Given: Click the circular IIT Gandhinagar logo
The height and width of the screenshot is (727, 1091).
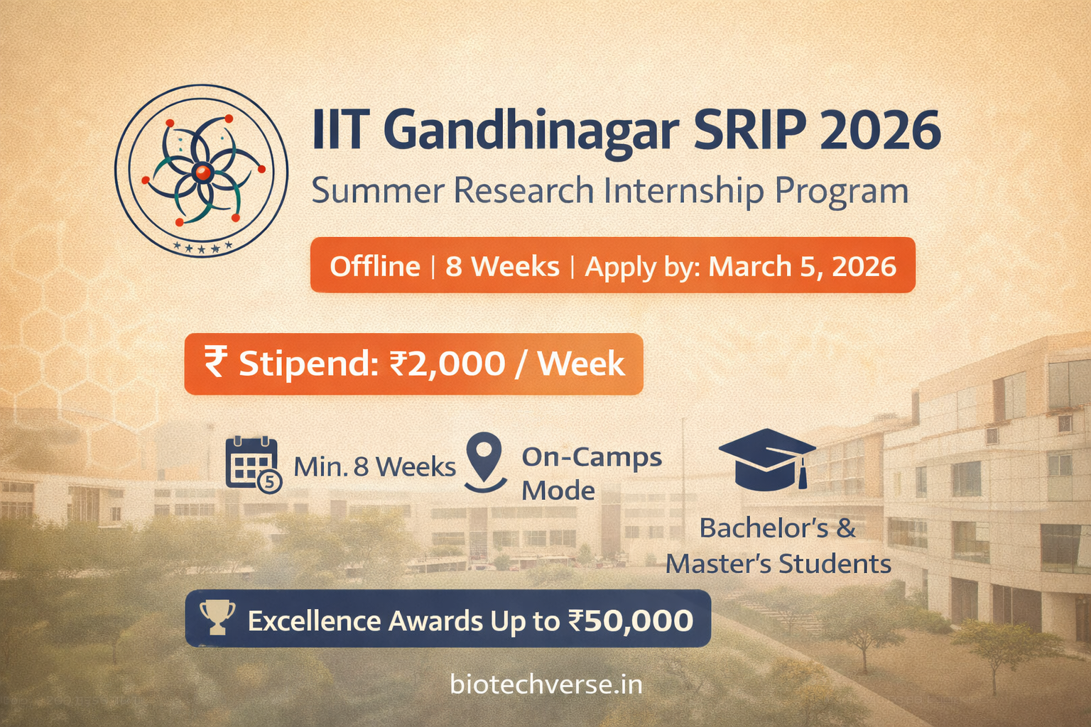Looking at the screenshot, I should [x=201, y=170].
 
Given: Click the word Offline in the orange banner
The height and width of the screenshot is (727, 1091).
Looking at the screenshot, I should [x=375, y=266].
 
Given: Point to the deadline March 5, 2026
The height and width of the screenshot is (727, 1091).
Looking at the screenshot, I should [x=802, y=266].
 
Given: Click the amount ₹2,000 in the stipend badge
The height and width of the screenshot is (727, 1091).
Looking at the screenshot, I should [x=447, y=363].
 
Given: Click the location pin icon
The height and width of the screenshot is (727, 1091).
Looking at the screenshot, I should [x=485, y=461].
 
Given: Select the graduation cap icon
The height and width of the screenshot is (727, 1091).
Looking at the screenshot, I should [x=767, y=459].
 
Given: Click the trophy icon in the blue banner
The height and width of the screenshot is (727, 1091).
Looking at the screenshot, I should [x=217, y=617].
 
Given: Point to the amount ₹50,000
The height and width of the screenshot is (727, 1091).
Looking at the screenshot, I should [x=630, y=621].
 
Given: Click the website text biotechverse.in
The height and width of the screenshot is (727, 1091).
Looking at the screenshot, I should [x=546, y=684].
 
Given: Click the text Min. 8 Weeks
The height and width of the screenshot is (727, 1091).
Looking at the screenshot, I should [x=374, y=467].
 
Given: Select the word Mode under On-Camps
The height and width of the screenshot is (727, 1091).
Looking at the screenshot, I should [x=558, y=491].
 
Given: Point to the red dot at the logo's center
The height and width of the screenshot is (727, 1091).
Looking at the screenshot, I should [x=202, y=171].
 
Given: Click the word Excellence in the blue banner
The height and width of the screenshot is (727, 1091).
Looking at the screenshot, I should [x=315, y=621].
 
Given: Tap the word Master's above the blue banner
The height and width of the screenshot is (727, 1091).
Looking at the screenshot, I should [x=718, y=564].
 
